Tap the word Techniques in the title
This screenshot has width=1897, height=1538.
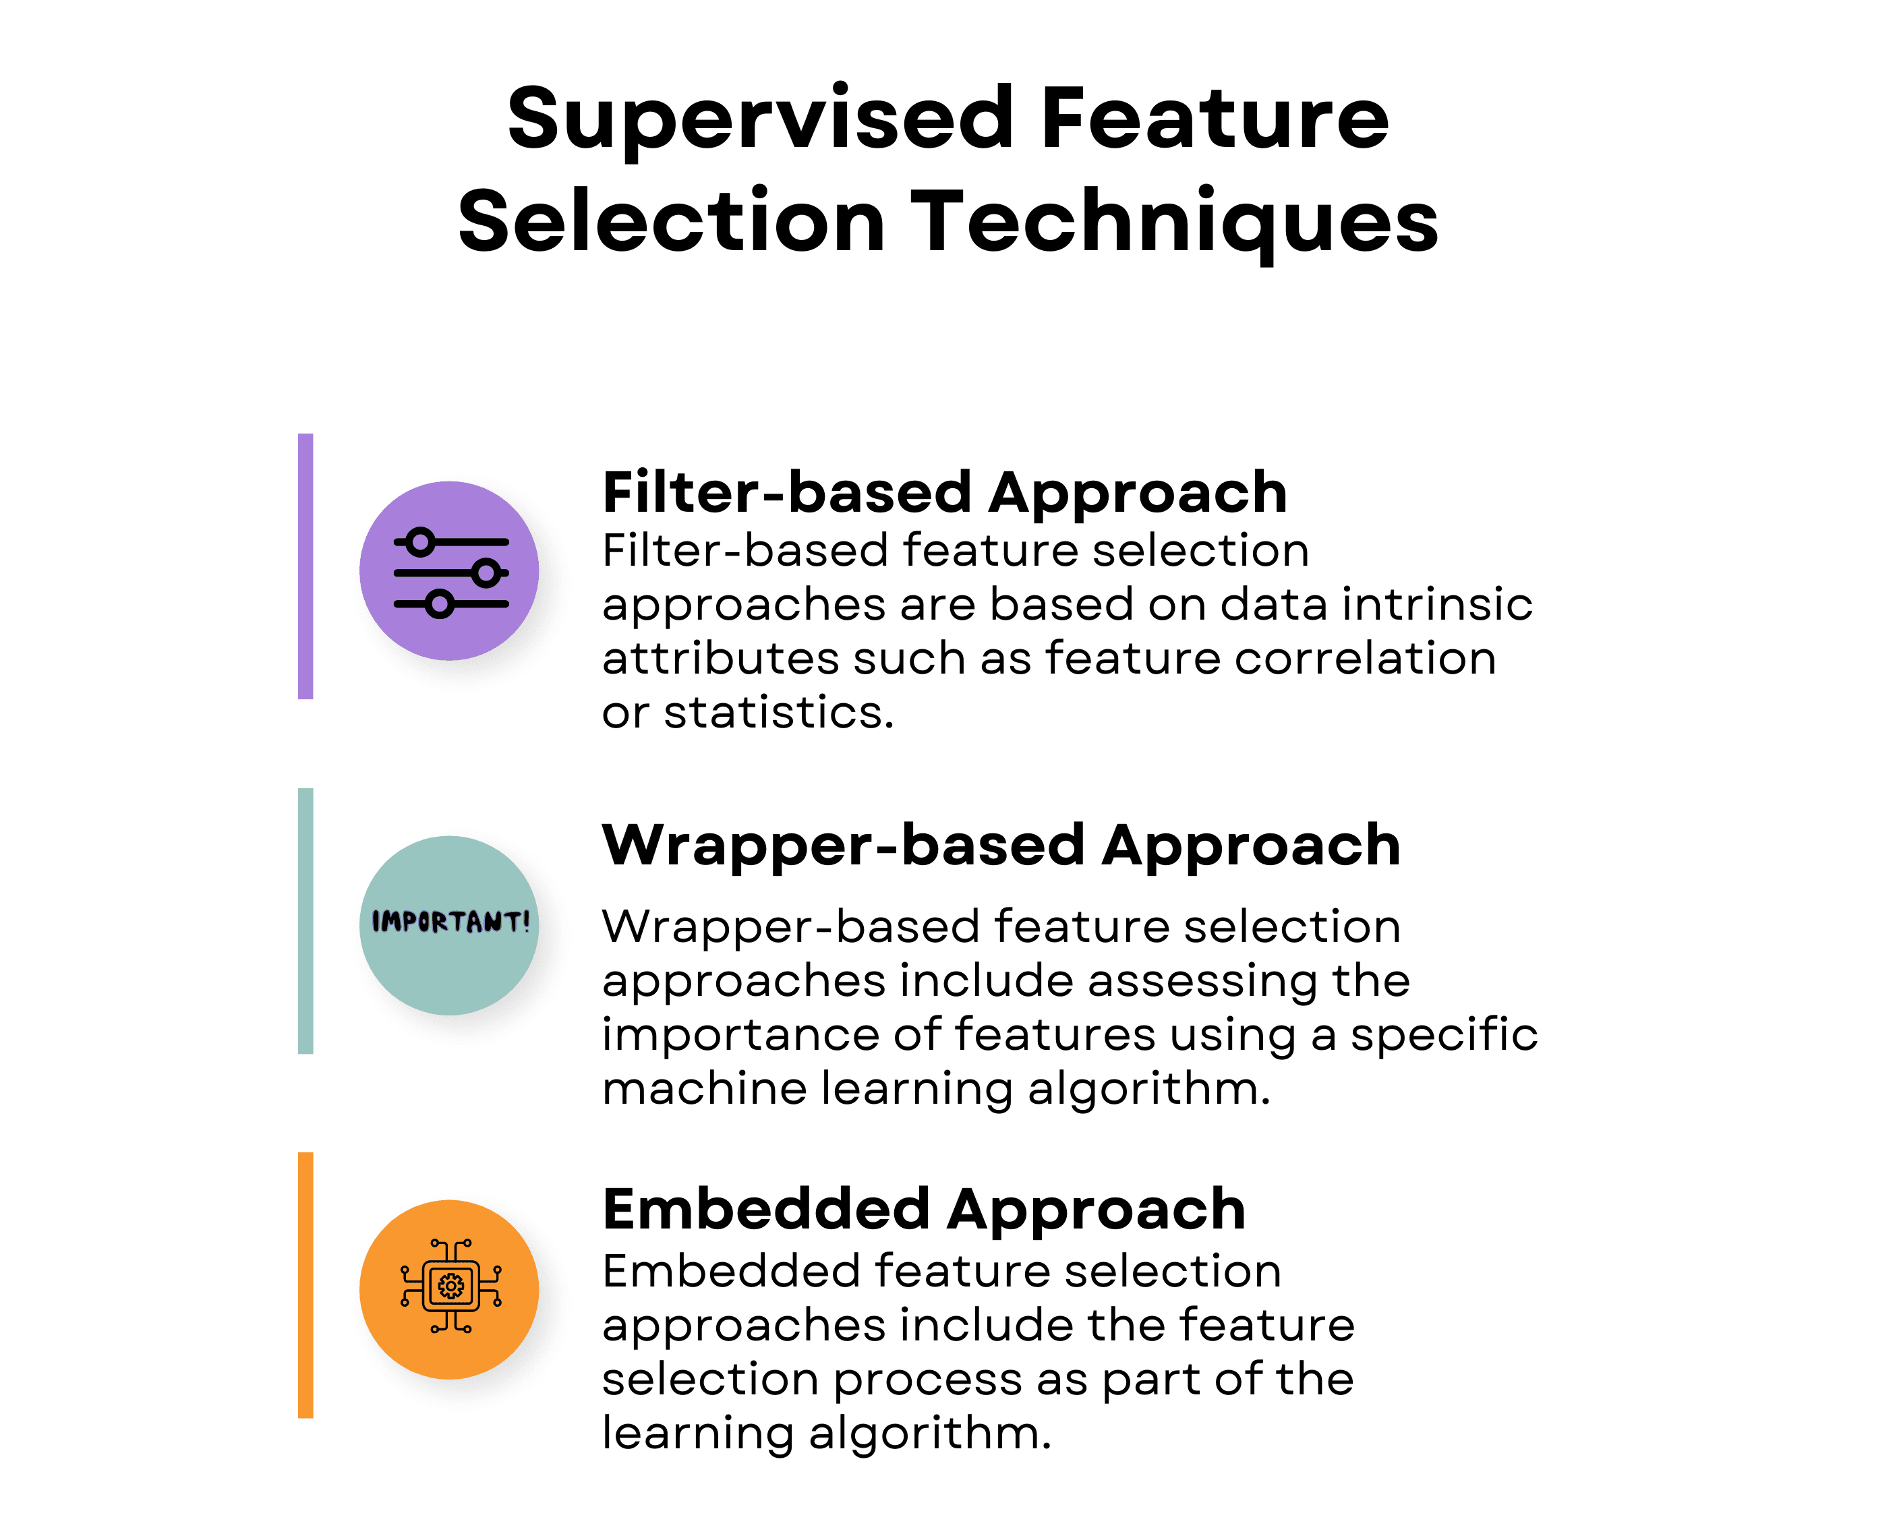pyautogui.click(x=1174, y=221)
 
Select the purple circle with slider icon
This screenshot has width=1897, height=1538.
pyautogui.click(x=449, y=570)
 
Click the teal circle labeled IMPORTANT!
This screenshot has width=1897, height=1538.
pyautogui.click(x=449, y=925)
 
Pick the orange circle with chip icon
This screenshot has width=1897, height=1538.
pyautogui.click(x=449, y=1289)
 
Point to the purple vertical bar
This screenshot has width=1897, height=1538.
pyautogui.click(x=305, y=566)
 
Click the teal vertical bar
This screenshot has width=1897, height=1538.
pyautogui.click(x=305, y=920)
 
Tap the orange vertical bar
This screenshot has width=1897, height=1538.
pyautogui.click(x=305, y=1284)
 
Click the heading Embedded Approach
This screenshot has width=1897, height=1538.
pyautogui.click(x=924, y=1210)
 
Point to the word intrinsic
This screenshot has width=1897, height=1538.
pyautogui.click(x=1437, y=604)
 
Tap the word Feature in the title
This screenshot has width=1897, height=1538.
pyautogui.click(x=1214, y=119)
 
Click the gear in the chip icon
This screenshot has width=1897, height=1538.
pyautogui.click(x=451, y=1286)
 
